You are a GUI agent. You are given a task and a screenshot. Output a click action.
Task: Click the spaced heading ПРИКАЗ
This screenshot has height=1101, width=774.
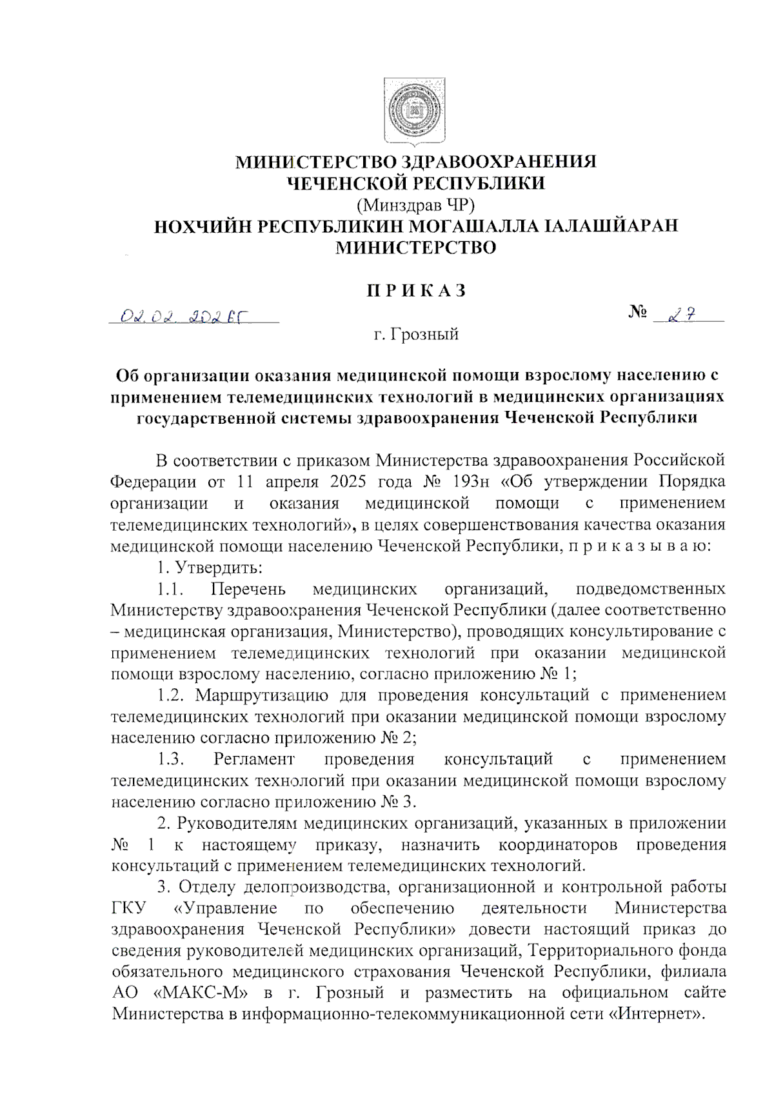tap(416, 291)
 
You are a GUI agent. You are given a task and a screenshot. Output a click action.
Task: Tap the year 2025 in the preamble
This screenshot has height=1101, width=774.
tap(352, 482)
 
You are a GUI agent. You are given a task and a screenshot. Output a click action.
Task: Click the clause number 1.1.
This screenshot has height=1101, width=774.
tap(172, 589)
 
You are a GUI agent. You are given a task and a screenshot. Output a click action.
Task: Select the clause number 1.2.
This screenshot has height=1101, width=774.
tap(172, 695)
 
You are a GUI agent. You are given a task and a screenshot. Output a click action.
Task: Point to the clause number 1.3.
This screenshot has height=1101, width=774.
tap(172, 759)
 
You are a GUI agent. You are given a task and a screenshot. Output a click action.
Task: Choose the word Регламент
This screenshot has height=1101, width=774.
tap(254, 759)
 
